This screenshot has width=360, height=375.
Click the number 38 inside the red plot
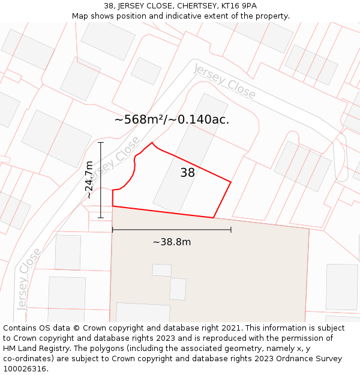point(187,173)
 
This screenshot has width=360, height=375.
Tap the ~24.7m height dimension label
point(89,179)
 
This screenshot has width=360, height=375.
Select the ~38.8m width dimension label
point(172,242)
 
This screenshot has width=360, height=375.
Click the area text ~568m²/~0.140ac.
point(172,119)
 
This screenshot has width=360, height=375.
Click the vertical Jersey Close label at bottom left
point(29,278)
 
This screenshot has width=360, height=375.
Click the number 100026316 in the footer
point(25,369)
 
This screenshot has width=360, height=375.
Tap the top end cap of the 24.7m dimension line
point(100,142)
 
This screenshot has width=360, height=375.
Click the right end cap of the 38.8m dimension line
point(231,229)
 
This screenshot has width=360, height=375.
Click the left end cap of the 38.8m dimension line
point(113,229)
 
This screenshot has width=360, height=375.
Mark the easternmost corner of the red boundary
point(231,181)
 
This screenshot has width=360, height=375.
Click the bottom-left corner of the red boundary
point(113,206)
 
